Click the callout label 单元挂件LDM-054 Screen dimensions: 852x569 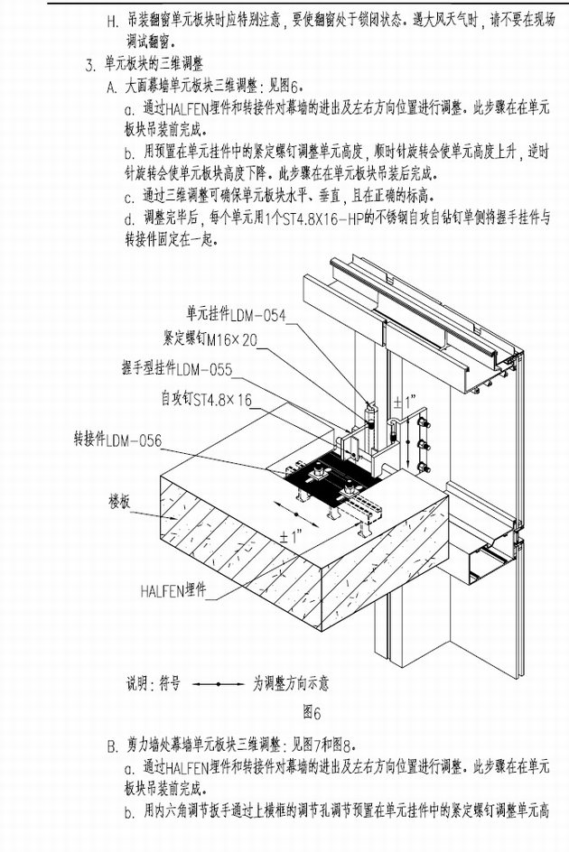point(236,315)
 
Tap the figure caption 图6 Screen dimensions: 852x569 point(312,713)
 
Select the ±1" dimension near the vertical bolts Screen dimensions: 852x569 point(405,399)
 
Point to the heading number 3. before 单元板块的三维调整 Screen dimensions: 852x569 point(89,65)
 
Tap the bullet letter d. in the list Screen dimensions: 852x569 point(128,219)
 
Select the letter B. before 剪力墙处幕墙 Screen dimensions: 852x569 point(112,745)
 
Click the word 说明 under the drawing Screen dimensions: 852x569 point(139,684)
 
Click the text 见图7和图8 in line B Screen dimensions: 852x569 point(322,745)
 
